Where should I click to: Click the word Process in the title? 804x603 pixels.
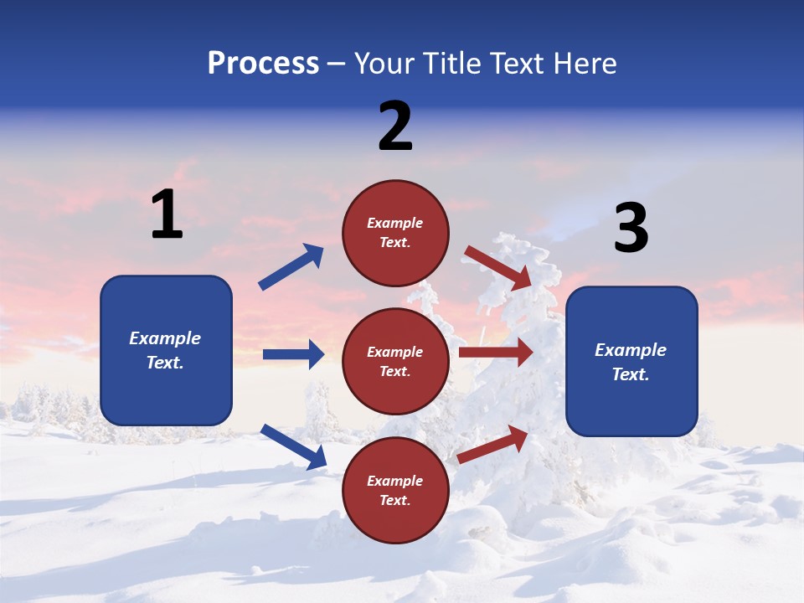(x=263, y=64)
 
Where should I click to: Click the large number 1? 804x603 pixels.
(x=167, y=214)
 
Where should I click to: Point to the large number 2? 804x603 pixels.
(x=395, y=126)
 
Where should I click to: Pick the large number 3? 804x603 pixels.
(x=631, y=229)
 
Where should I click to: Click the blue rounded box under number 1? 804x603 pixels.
(x=166, y=350)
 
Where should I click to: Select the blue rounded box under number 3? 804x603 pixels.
(x=631, y=361)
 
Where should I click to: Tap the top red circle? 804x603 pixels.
(x=395, y=233)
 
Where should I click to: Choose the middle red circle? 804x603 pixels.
(x=395, y=361)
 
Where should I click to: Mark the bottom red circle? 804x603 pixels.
(x=395, y=490)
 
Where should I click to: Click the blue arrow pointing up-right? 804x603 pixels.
(x=291, y=267)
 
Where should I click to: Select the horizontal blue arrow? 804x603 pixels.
(x=293, y=354)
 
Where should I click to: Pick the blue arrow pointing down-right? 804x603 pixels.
(x=293, y=446)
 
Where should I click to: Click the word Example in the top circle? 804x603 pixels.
(x=395, y=223)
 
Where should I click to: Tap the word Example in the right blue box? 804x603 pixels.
(x=631, y=350)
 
